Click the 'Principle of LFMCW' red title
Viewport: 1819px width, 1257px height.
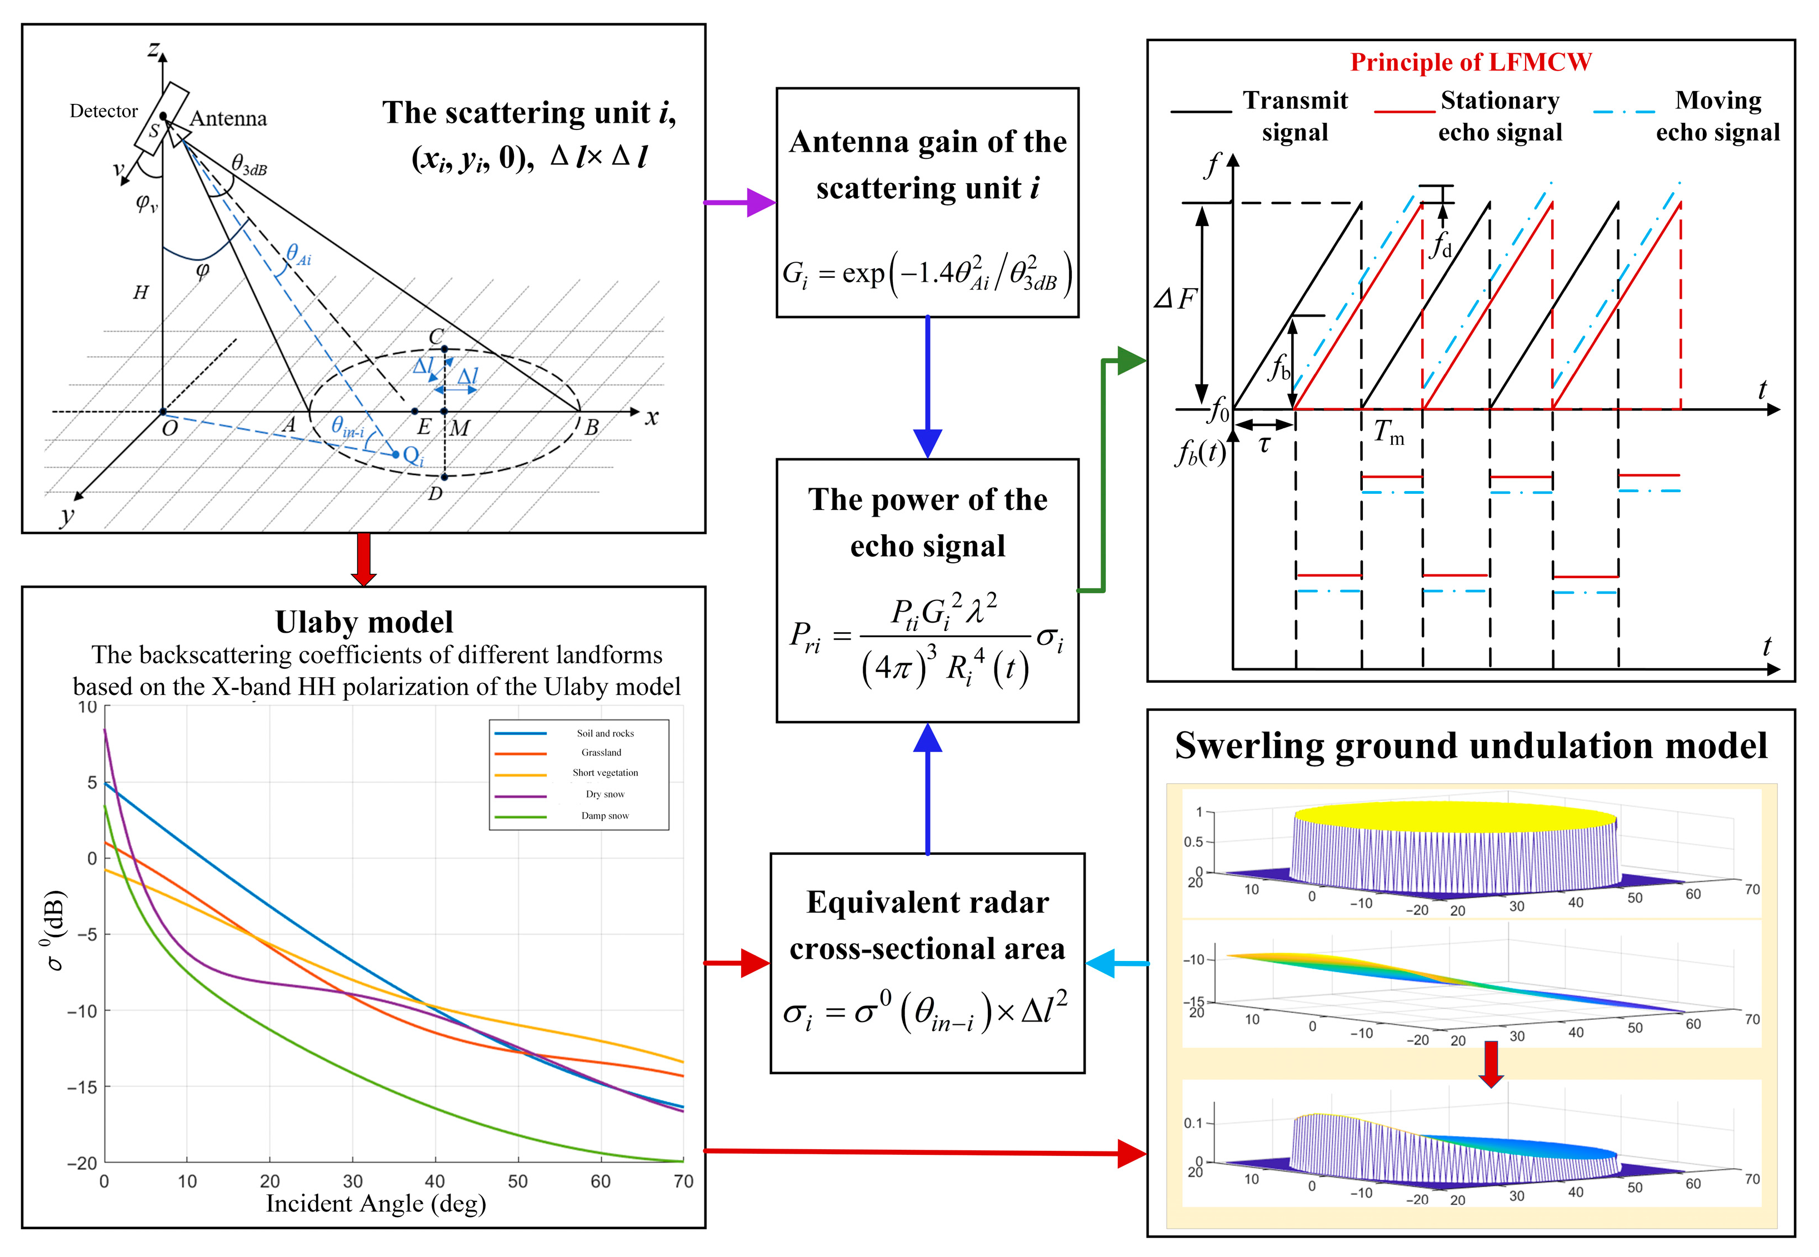click(x=1470, y=62)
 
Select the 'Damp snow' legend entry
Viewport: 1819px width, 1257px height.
click(x=604, y=815)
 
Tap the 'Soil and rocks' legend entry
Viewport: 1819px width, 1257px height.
click(x=604, y=733)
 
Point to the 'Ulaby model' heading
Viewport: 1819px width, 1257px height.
click(x=364, y=622)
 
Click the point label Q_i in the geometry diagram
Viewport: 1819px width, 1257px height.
click(x=413, y=456)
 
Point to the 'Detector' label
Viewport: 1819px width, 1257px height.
click(x=103, y=111)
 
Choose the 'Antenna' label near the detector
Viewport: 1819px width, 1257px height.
click(x=228, y=119)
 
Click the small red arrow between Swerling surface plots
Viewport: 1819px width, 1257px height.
click(x=1491, y=1063)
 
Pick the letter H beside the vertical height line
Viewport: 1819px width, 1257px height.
click(x=140, y=293)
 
